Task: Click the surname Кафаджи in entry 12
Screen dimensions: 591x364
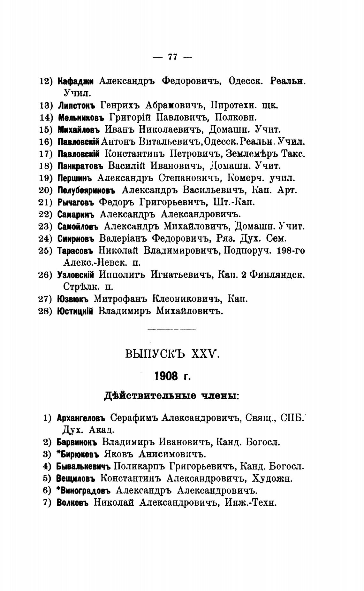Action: pos(75,81)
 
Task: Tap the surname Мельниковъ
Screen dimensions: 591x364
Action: pos(81,117)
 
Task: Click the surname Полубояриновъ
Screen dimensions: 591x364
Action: pos(86,190)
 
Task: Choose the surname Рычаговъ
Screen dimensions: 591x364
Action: pos(76,202)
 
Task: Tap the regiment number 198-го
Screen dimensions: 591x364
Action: pos(291,251)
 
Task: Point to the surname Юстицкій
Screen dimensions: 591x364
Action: pos(75,311)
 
